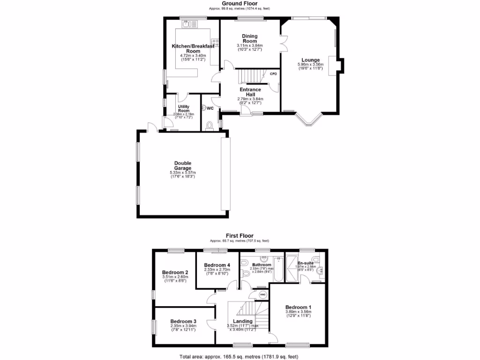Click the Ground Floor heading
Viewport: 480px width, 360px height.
point(239,3)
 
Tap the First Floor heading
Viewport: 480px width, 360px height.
point(239,236)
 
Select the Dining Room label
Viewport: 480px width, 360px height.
point(250,38)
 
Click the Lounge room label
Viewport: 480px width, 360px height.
point(310,60)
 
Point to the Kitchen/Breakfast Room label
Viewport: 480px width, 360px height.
point(193,48)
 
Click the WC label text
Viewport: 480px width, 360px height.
point(210,108)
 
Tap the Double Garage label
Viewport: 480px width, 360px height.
point(183,165)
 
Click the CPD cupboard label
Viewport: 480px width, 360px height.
point(273,74)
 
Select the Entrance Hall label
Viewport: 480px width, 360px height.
point(250,92)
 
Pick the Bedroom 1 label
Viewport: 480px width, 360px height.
point(298,307)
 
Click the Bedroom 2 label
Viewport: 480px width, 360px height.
point(175,272)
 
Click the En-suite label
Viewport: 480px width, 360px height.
point(306,263)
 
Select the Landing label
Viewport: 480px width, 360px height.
point(243,321)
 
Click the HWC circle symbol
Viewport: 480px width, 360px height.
point(262,295)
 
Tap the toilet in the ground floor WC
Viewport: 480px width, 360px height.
point(209,124)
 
